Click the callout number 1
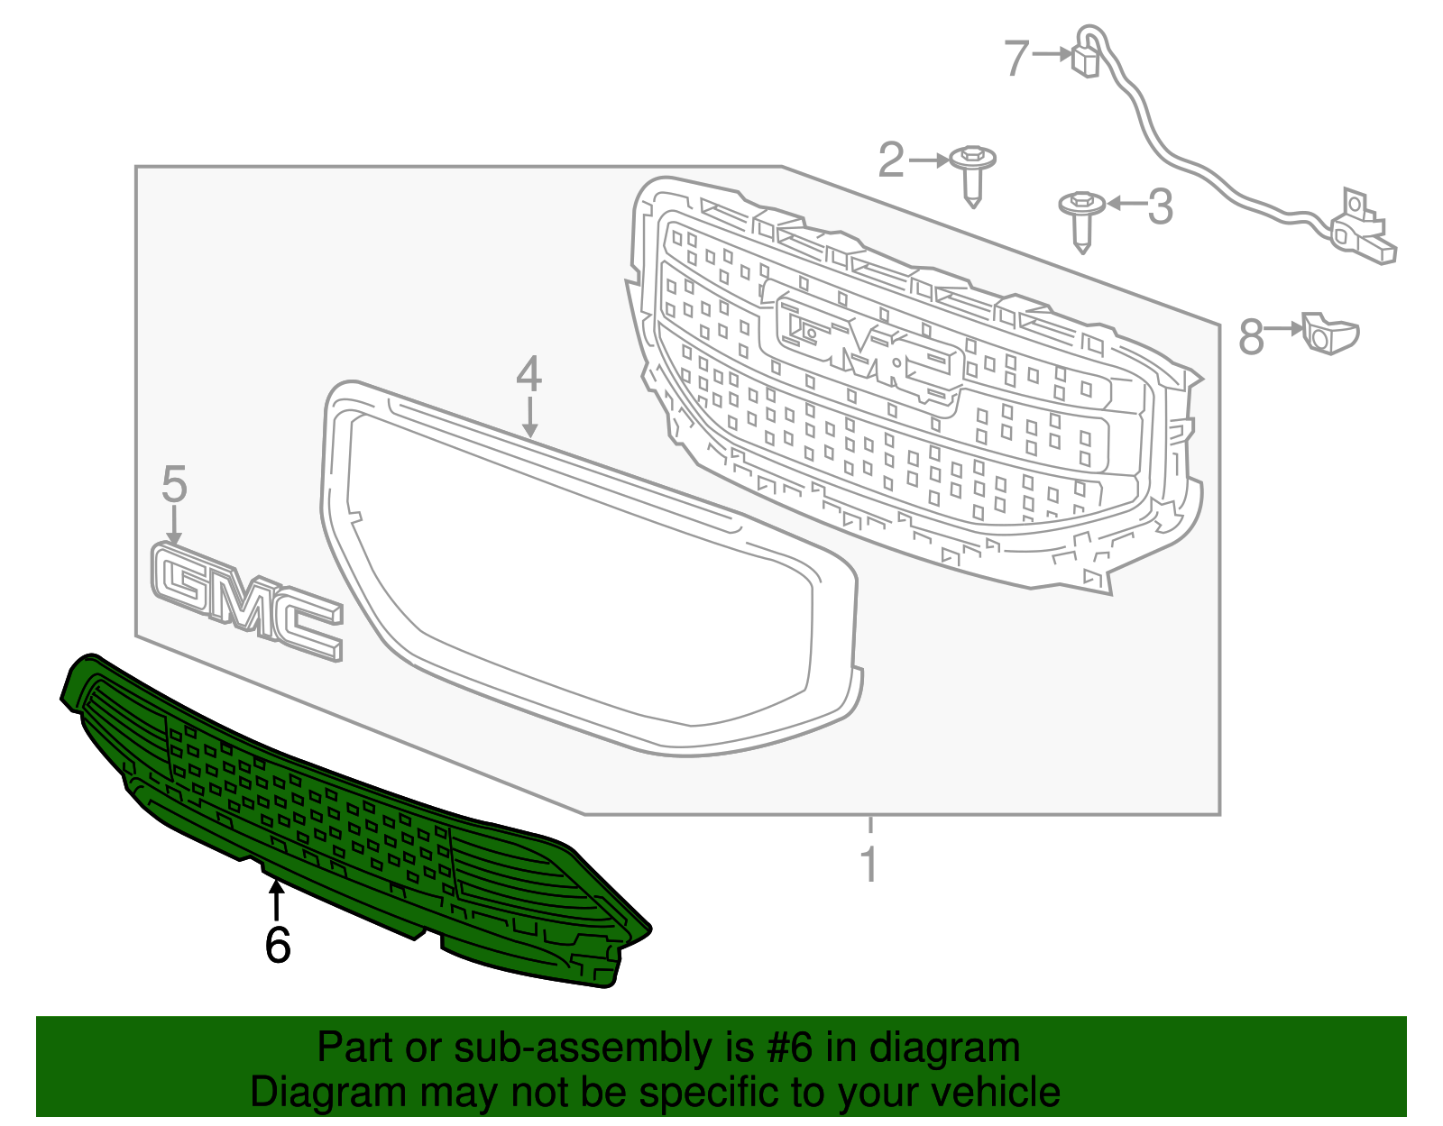(x=869, y=865)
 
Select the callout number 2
(x=891, y=160)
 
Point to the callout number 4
(x=528, y=374)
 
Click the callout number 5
(x=174, y=484)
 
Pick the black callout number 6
(x=278, y=945)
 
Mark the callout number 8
(x=1251, y=338)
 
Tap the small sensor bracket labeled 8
(x=1328, y=333)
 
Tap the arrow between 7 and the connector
(x=1052, y=54)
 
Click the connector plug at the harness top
(x=1084, y=60)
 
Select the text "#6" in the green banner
(x=789, y=1048)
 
